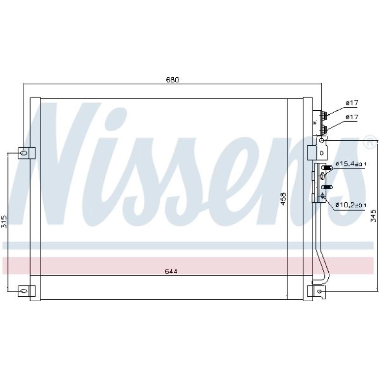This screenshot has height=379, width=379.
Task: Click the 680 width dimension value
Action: tap(172, 80)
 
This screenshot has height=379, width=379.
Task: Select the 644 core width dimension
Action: tap(171, 271)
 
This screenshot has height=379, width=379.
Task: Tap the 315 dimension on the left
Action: tap(4, 221)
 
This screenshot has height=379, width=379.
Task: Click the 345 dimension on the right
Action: tap(374, 216)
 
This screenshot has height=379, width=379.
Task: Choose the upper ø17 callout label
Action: tap(352, 103)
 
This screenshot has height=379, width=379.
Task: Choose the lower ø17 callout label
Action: tap(352, 117)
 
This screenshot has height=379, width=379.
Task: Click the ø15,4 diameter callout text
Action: tap(351, 164)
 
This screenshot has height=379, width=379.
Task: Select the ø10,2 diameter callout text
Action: tap(351, 205)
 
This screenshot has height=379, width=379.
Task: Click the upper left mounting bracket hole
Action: tap(24, 153)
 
